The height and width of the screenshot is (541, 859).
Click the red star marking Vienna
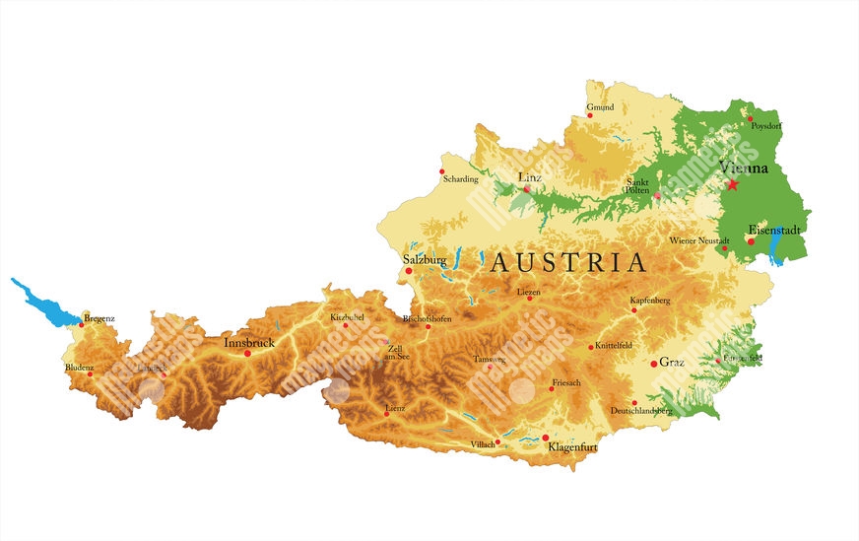click(x=732, y=183)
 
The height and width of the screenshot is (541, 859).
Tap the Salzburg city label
click(x=425, y=260)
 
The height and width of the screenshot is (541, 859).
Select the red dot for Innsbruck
click(x=247, y=353)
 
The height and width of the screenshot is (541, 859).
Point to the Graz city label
click(x=672, y=362)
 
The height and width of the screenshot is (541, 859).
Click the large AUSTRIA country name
click(x=568, y=263)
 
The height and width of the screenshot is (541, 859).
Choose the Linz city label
click(x=530, y=177)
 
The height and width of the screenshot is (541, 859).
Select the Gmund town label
click(x=600, y=106)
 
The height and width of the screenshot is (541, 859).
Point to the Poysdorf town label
click(x=765, y=126)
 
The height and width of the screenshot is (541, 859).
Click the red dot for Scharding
click(x=442, y=171)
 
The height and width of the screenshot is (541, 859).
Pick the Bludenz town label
click(x=80, y=367)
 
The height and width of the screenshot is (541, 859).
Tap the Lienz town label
click(x=395, y=406)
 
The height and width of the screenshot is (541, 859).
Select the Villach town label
click(x=483, y=444)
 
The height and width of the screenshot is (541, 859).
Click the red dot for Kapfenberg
click(x=634, y=309)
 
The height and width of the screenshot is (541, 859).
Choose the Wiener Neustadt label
click(x=699, y=240)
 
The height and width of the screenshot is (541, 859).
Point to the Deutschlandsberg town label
click(x=641, y=409)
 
